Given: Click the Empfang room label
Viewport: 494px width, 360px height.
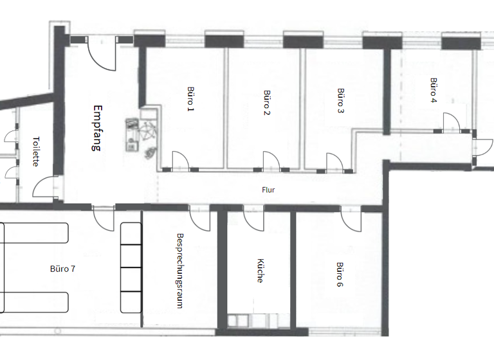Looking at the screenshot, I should [98, 128].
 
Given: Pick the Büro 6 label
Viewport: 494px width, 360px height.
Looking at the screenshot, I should [339, 274].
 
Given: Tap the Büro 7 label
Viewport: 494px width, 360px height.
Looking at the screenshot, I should [62, 269].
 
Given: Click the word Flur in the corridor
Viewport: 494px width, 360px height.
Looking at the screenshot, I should [268, 190].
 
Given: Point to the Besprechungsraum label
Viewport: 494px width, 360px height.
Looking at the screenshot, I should [181, 270].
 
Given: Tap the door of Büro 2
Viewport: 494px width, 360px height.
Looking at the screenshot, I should [271, 161].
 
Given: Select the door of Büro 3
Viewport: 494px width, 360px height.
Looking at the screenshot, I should [334, 161].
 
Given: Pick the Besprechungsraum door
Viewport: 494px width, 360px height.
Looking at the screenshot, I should [200, 218].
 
